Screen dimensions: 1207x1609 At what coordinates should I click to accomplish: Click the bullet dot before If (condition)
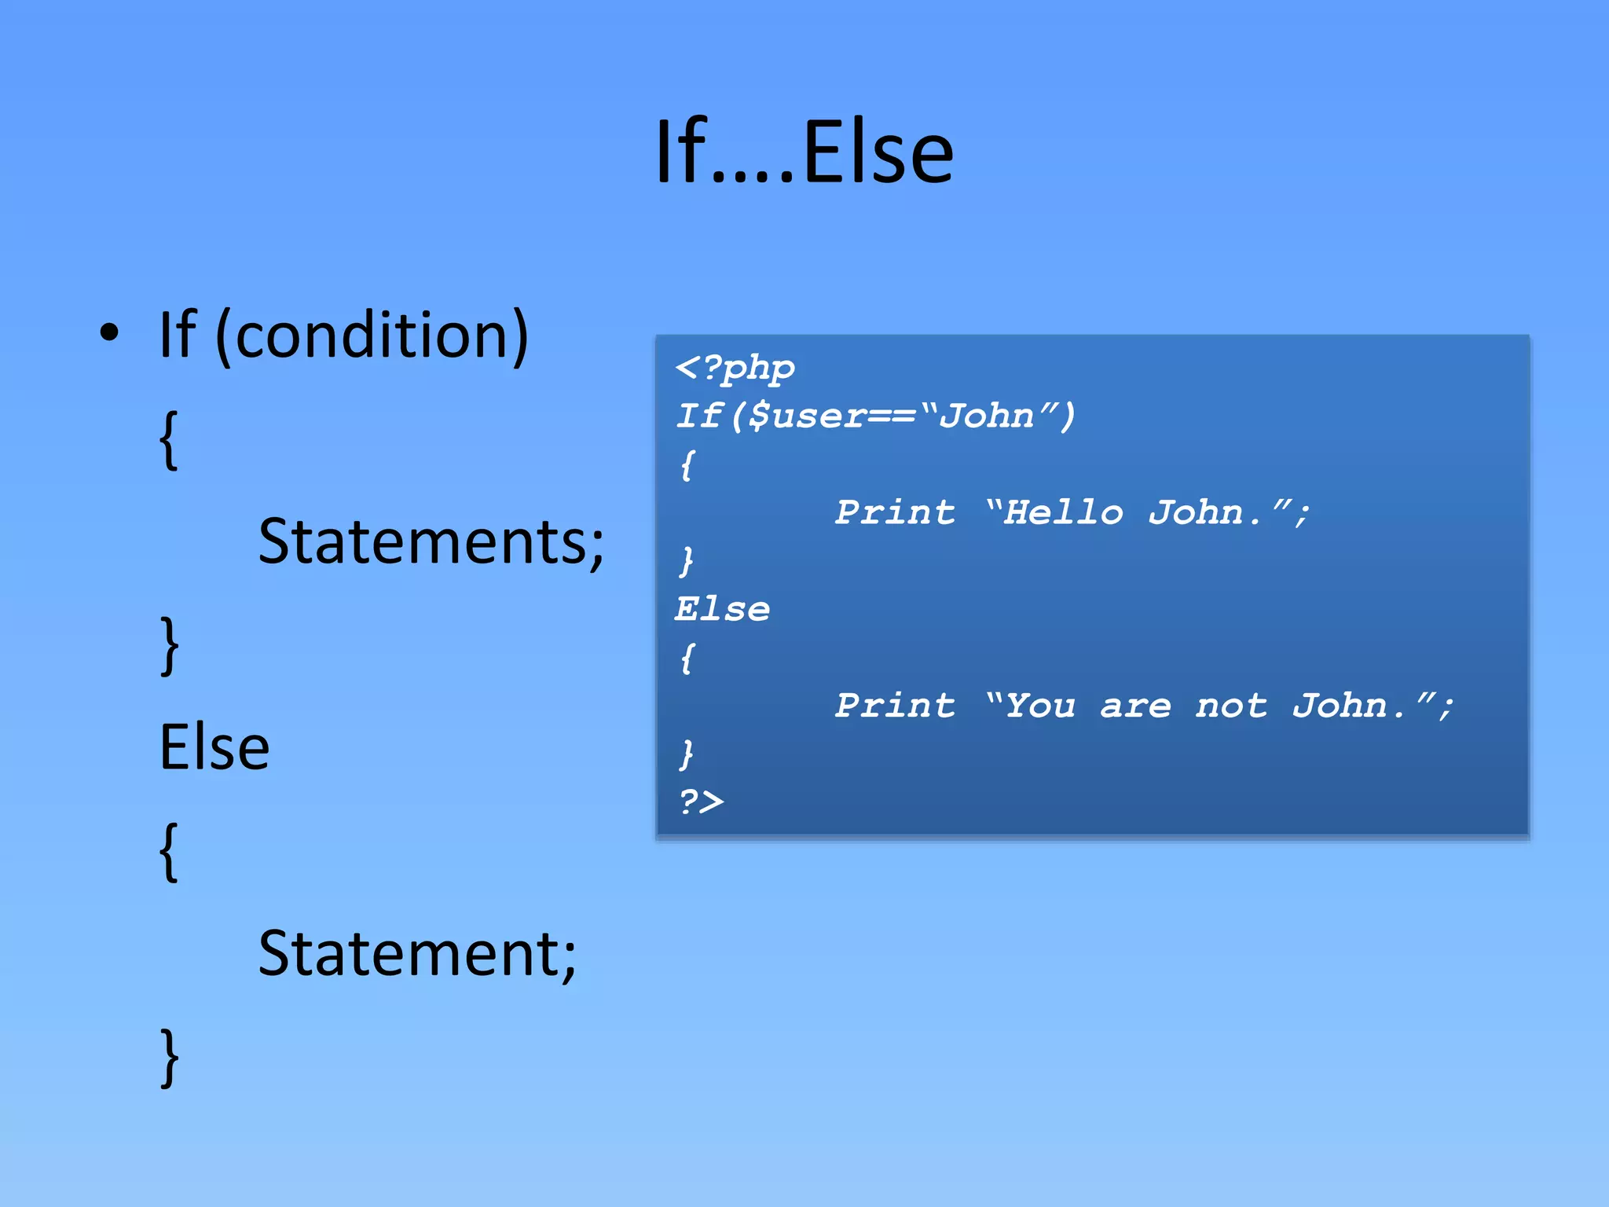[110, 333]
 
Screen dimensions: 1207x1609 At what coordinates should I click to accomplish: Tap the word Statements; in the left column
[431, 541]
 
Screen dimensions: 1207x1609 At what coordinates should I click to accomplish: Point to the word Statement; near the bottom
[417, 953]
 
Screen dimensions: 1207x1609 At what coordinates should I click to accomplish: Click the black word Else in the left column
[214, 747]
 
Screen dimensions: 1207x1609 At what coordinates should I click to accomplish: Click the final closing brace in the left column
[169, 1058]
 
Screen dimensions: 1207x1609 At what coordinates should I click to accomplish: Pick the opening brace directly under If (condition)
[169, 440]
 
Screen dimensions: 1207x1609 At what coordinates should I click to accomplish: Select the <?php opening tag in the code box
[735, 368]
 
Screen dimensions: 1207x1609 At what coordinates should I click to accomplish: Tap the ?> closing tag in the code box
[701, 802]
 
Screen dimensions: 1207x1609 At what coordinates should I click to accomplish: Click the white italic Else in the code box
[723, 609]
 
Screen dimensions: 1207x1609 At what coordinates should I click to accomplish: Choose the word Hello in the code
[1065, 512]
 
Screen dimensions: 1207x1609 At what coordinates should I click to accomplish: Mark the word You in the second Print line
[1040, 706]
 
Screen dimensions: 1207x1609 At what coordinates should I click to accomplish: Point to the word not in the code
[1231, 706]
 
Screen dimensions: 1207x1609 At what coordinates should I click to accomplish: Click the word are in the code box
[1135, 706]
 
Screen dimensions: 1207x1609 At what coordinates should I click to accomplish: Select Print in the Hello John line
[896, 512]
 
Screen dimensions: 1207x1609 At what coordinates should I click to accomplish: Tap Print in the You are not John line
[896, 706]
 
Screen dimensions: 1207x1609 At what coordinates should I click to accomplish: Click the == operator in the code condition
[892, 416]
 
